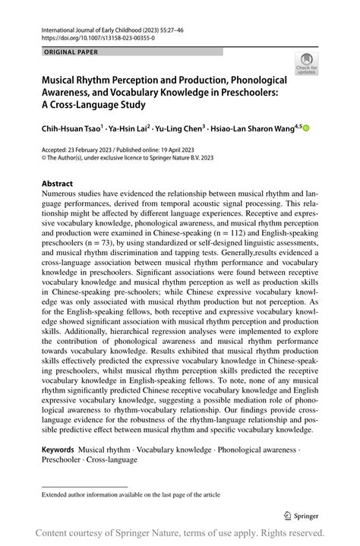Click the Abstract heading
click(x=57, y=184)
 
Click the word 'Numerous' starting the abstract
click(x=62, y=194)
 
